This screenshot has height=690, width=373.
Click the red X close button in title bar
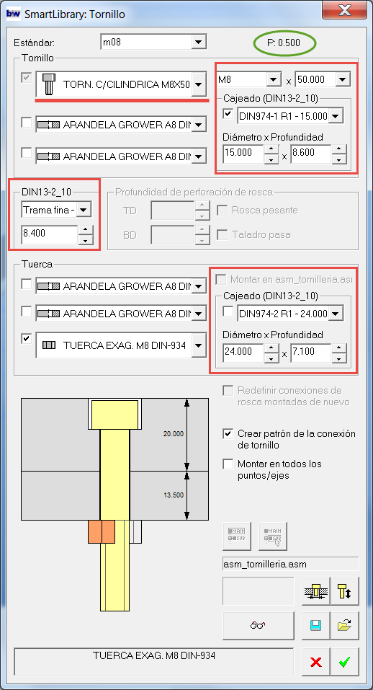coord(344,11)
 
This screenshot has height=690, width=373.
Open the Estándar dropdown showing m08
coord(153,43)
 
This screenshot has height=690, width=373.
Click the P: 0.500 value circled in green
coord(284,43)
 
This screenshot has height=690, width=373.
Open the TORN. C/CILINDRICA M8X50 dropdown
coord(121,84)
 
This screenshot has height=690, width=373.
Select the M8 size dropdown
coord(249,79)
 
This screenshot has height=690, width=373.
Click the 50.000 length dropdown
coord(323,79)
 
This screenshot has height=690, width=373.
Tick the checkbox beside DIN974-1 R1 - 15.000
coord(228,114)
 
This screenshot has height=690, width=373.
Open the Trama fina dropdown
coord(56,210)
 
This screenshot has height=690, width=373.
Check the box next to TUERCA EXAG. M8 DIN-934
coord(27,339)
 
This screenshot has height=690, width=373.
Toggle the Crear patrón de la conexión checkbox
coord(228,434)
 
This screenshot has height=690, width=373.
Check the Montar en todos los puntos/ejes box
coord(228,464)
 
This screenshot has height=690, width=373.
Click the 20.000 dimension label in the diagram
coord(173,434)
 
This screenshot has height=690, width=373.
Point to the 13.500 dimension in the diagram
coord(173,495)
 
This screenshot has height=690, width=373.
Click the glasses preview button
coord(259,625)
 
